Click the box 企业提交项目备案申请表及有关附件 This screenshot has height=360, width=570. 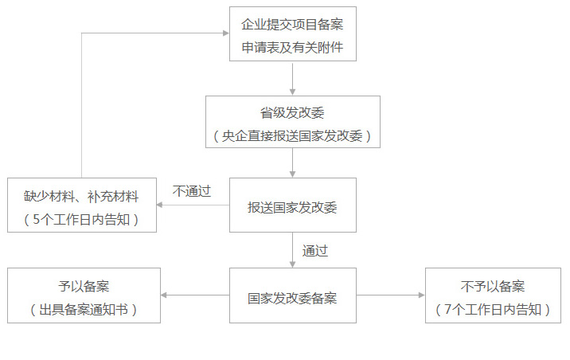tap(292, 33)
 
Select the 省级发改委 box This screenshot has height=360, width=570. tap(292, 122)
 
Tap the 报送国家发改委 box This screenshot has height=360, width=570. tap(292, 206)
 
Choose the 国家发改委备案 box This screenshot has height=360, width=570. tap(292, 295)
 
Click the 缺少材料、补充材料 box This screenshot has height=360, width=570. tap(81, 205)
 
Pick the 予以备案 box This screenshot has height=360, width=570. tap(84, 295)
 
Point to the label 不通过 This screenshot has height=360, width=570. tap(192, 190)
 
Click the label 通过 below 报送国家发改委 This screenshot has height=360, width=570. tap(315, 250)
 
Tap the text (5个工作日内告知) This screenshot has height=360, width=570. tap(82, 220)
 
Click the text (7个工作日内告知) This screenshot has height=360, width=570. tap(493, 310)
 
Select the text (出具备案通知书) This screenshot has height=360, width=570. tap(84, 310)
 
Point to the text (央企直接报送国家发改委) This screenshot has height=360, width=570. tap(292, 136)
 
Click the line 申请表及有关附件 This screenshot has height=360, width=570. tap(292, 46)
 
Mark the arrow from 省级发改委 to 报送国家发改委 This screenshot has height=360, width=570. tap(293, 162)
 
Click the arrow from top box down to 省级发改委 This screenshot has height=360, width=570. tap(293, 78)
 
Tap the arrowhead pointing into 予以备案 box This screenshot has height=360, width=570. tap(164, 295)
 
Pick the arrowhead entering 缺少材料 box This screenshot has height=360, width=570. tap(159, 205)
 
